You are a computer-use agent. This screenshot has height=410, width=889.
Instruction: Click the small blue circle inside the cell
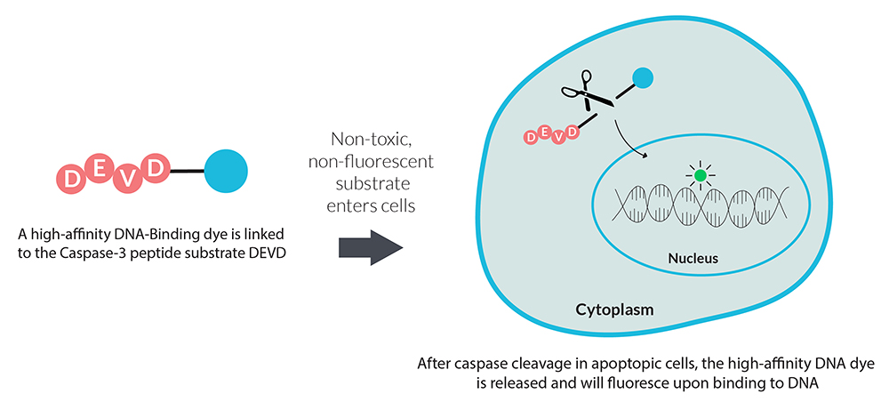click(x=643, y=78)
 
